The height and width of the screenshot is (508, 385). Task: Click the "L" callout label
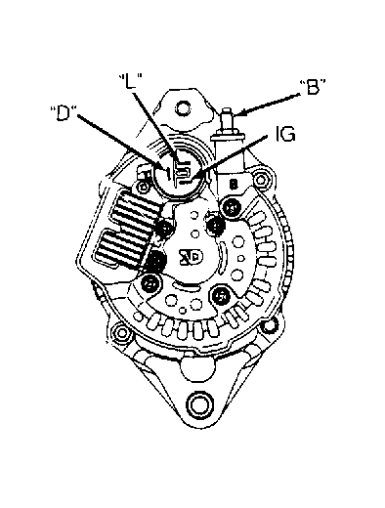pos(131,82)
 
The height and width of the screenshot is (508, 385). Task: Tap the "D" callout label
pos(63,112)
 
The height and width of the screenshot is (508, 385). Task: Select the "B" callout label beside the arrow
pos(313,87)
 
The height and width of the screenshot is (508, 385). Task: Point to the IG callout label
pos(285,134)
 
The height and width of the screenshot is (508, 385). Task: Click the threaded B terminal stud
pos(228,121)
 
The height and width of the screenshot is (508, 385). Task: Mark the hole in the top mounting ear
pos(183,107)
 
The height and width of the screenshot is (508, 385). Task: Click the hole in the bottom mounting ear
pos(198,404)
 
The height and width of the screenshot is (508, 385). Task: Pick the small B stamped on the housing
pos(234,185)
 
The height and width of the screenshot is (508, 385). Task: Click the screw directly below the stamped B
pos(232,206)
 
